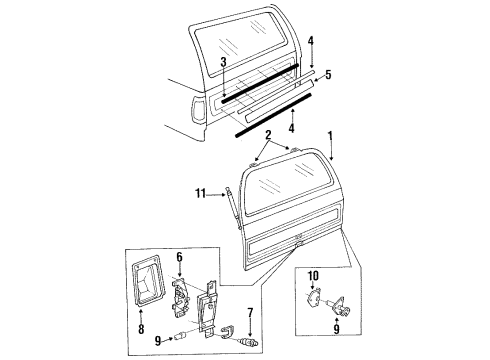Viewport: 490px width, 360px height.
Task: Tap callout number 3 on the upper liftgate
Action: tap(225, 62)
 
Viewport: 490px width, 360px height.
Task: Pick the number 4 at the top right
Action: tap(311, 40)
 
